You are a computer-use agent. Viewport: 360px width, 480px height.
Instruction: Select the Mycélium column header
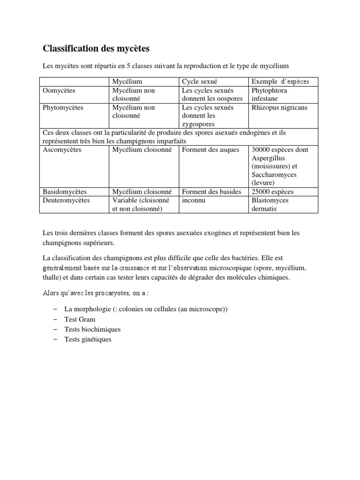pyautogui.click(x=127, y=82)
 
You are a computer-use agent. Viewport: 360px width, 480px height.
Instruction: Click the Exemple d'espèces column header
pyautogui.click(x=279, y=82)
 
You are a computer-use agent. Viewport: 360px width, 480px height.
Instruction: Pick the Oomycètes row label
pyautogui.click(x=59, y=90)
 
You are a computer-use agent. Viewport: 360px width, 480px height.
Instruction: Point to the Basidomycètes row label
pyautogui.click(x=65, y=192)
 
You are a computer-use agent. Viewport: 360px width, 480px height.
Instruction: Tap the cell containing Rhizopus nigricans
pyautogui.click(x=279, y=107)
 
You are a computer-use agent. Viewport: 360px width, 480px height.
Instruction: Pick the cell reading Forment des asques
pyautogui.click(x=210, y=150)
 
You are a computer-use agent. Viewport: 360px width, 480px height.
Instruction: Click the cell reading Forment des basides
pyautogui.click(x=211, y=192)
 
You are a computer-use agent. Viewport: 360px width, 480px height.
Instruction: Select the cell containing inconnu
pyautogui.click(x=194, y=200)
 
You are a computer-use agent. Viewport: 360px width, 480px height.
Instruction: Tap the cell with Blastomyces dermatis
pyautogui.click(x=270, y=204)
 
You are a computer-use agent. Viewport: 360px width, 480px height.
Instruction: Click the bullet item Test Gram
pyautogui.click(x=80, y=320)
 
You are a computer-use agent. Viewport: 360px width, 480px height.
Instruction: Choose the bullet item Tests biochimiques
pyautogui.click(x=92, y=330)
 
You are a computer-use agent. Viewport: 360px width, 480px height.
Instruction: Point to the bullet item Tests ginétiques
pyautogui.click(x=88, y=339)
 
